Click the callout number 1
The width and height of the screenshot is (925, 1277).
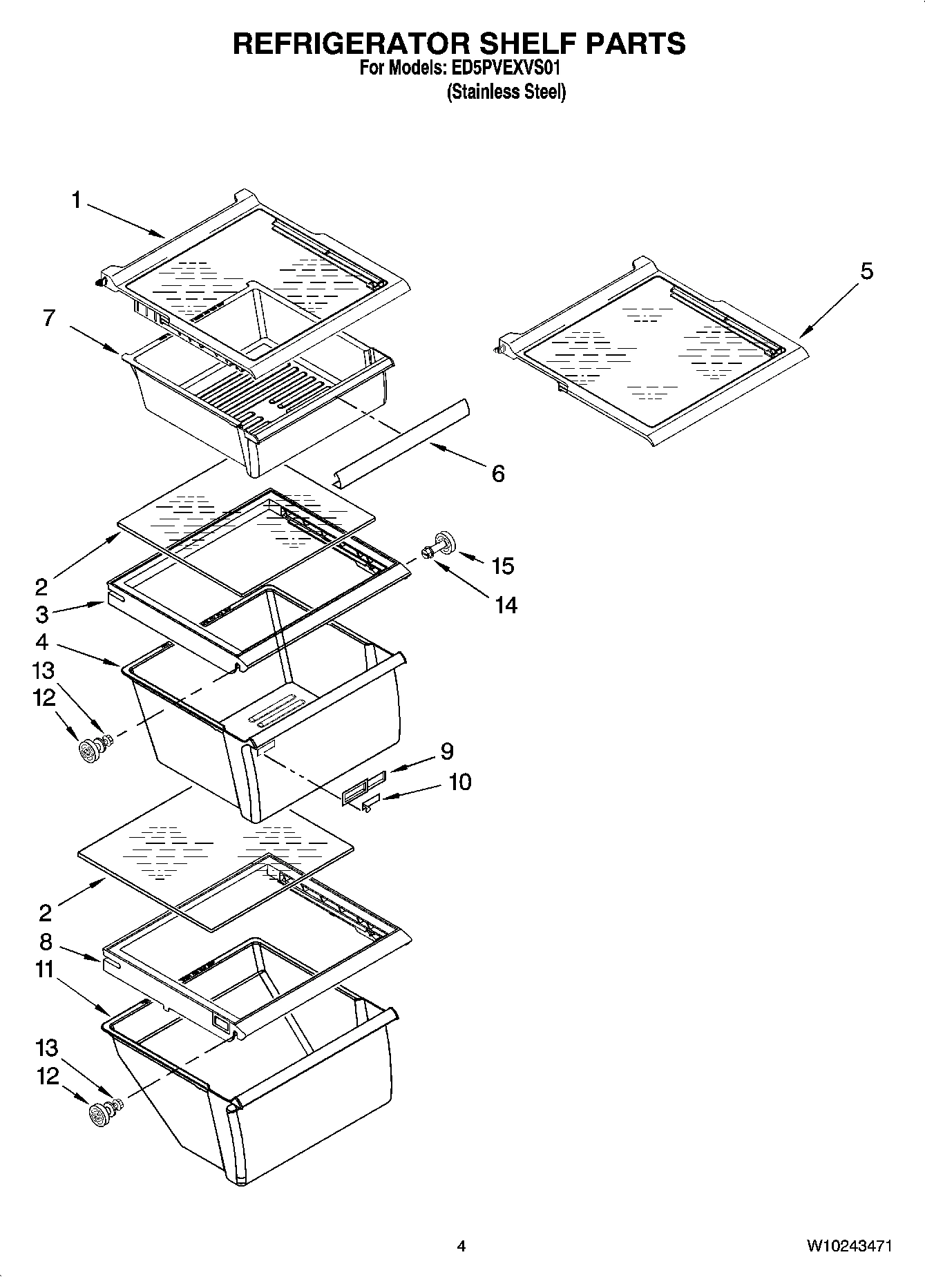pos(76,201)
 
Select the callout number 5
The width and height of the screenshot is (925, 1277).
pos(866,271)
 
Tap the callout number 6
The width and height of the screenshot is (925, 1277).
pos(498,474)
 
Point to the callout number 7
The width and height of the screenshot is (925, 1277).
pos(48,318)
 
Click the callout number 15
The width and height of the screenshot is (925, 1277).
pos(503,566)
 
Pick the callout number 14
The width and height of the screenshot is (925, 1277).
pos(506,605)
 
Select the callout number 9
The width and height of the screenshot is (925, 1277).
pos(446,751)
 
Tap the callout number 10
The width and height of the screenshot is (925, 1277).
pos(460,782)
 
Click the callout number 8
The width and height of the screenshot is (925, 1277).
pos(46,941)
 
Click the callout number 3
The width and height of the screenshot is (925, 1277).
pos(42,614)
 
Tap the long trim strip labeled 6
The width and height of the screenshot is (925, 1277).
pos(401,443)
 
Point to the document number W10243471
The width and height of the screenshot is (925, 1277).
pos(849,1247)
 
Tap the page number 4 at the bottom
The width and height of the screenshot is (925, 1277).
pos(461,1247)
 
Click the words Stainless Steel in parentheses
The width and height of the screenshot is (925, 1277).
pos(506,92)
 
